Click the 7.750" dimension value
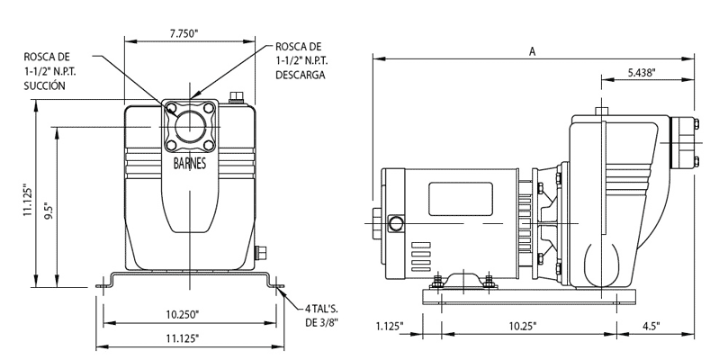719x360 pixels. [x=184, y=32]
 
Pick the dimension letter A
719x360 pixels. [x=533, y=51]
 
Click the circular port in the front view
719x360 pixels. [x=190, y=128]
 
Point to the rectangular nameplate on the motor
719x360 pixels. [x=455, y=197]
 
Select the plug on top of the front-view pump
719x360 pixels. [x=239, y=97]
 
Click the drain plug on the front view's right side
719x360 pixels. [x=263, y=253]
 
